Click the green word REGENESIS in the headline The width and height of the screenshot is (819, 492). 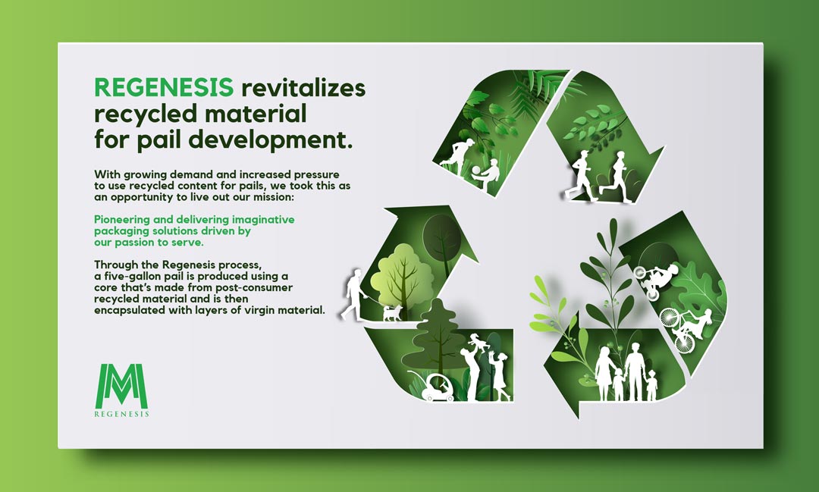164,87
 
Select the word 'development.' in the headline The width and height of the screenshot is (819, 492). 271,139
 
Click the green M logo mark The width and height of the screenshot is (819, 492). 123,386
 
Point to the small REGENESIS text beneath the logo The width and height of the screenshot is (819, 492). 121,414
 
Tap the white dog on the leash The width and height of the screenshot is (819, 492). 391,312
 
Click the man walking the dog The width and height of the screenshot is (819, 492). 353,295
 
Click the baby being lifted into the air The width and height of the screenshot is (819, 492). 478,343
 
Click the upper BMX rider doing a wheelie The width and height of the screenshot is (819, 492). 656,280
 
